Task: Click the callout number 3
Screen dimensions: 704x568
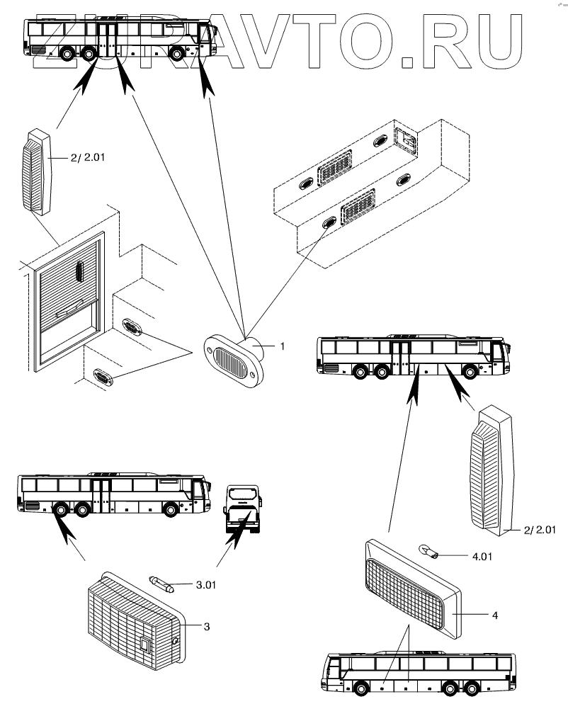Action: [206, 626]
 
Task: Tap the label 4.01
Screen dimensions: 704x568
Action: [481, 555]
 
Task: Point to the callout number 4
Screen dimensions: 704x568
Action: [495, 615]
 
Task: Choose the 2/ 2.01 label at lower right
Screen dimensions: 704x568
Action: [540, 529]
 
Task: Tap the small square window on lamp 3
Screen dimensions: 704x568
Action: [145, 645]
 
